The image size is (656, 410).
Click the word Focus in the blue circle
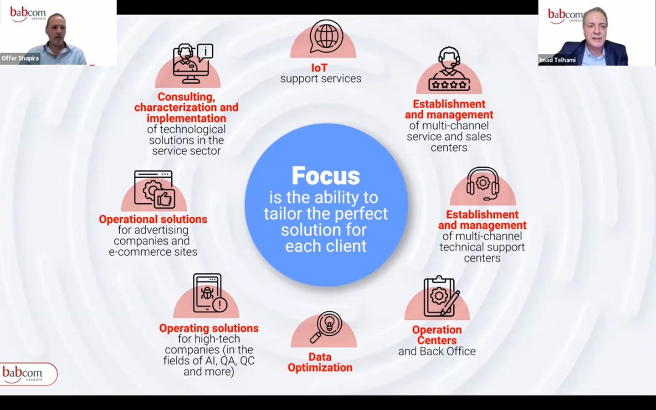[x=326, y=176]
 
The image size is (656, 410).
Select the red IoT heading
[x=319, y=68]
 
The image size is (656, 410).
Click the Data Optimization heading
[x=320, y=362]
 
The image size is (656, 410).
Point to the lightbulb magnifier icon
[x=326, y=327]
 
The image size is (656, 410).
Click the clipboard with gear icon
[x=439, y=297]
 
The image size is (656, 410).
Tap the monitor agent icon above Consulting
[x=192, y=63]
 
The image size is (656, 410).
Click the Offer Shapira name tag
[x=20, y=58]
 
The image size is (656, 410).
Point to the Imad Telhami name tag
[x=558, y=60]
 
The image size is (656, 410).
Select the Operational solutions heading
[x=153, y=219]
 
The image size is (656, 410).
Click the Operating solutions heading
[x=209, y=328]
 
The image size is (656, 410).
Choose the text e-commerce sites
[x=153, y=252]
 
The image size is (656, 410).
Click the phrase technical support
[x=482, y=247]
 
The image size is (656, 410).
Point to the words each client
[x=326, y=246]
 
